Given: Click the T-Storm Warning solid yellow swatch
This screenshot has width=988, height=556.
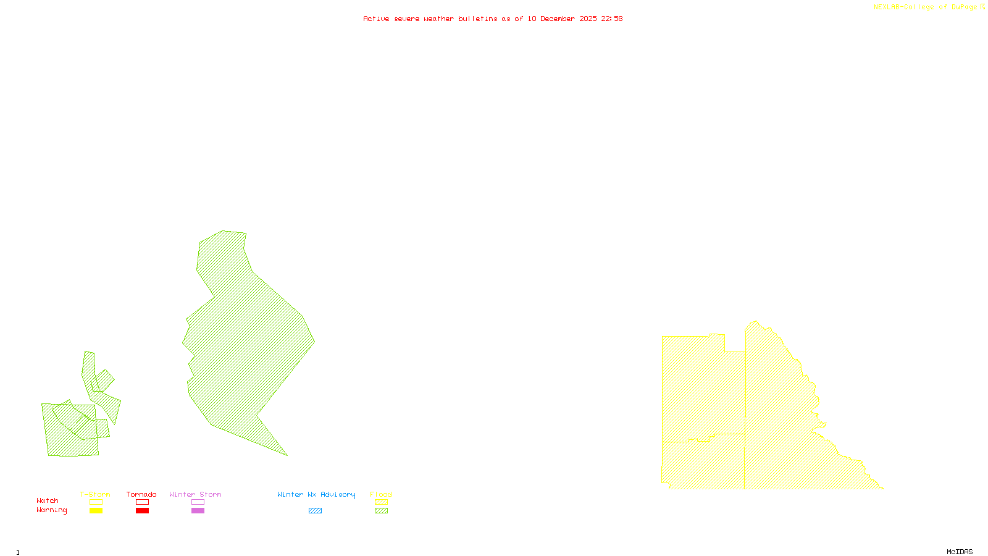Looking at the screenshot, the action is tap(96, 511).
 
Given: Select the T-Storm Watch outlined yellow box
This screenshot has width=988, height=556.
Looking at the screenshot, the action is tap(96, 502).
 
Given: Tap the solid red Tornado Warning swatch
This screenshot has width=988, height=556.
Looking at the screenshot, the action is tap(143, 511).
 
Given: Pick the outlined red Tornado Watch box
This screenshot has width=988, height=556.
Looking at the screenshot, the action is tap(143, 502).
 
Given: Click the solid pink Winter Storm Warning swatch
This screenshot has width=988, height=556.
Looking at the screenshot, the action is tap(198, 511).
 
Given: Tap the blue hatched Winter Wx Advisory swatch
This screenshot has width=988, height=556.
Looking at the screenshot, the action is tap(315, 511).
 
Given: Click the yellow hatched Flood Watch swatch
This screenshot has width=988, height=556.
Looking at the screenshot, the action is tap(381, 502).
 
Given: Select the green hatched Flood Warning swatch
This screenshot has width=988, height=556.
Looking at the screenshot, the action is tap(381, 511).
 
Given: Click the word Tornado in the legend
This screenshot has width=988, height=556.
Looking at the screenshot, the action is tap(141, 494).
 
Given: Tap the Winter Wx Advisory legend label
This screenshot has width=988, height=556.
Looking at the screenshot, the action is tap(316, 494).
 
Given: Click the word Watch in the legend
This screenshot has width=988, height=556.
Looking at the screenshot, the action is tap(48, 500).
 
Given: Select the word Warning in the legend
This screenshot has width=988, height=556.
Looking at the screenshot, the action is tap(52, 510).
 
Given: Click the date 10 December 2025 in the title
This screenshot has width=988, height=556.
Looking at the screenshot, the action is tap(562, 19).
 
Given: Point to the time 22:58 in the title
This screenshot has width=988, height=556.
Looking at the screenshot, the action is tap(612, 19).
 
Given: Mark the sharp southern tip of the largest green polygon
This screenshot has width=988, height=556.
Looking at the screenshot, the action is tap(287, 455).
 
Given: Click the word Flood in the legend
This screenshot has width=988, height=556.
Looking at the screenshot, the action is tap(381, 494).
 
